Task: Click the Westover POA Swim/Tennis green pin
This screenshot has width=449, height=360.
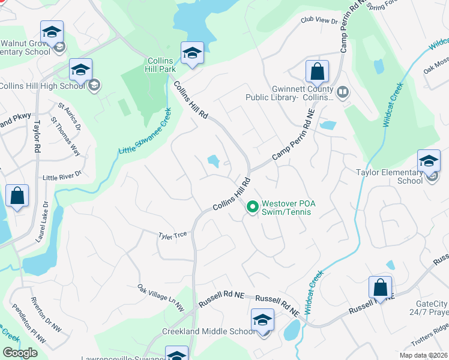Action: pos(253,207)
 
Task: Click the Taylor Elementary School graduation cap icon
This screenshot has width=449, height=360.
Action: pos(429,161)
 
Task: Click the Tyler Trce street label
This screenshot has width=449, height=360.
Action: pos(172,235)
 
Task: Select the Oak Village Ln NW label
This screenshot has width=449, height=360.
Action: pos(160,298)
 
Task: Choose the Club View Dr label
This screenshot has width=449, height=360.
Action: pos(319,21)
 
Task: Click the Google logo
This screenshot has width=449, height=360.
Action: pos(20,353)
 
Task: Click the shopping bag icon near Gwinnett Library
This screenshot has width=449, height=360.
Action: pos(317,72)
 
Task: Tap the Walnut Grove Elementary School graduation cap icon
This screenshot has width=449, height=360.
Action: pos(52,32)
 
